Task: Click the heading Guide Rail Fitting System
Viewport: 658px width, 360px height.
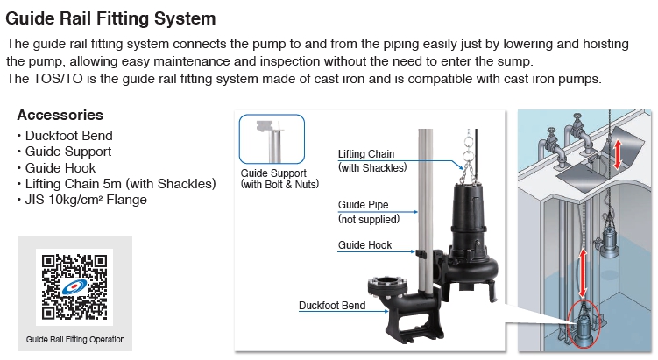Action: point(110,19)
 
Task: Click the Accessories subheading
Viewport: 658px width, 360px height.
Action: point(60,115)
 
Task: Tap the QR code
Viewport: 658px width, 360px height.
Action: point(74,287)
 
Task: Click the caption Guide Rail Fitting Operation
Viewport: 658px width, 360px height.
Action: point(75,340)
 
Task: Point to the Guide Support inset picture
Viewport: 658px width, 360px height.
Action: point(272,139)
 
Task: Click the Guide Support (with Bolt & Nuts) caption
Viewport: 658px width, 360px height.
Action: point(279,179)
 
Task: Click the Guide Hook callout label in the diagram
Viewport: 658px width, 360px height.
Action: point(364,245)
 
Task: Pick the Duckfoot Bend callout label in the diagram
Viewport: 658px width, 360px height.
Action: point(332,306)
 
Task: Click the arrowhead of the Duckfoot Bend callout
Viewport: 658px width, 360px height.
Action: point(386,311)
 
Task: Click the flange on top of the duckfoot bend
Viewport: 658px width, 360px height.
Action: point(388,286)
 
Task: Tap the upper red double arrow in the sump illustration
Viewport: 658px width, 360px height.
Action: point(618,155)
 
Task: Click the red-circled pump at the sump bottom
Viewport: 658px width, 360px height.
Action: point(584,325)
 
